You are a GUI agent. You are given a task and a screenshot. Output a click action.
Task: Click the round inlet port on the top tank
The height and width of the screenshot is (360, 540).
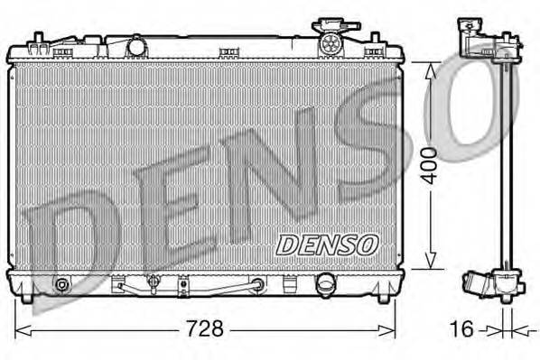click(x=137, y=44)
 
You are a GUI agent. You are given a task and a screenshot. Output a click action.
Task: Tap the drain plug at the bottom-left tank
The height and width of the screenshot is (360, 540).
click(x=62, y=285)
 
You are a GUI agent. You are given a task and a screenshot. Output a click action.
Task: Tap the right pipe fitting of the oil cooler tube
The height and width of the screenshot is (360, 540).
click(x=259, y=285)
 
